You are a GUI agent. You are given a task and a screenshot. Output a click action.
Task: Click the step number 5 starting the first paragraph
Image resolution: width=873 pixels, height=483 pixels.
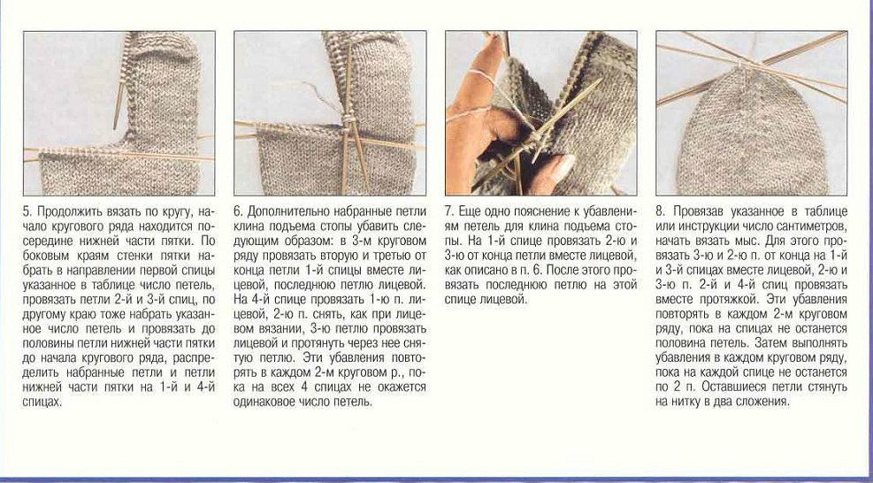pos(27,211)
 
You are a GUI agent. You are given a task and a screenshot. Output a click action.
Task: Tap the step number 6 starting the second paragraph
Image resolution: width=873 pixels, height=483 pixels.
pos(238,211)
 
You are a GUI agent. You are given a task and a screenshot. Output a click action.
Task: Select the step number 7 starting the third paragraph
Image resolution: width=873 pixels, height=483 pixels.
pos(448,211)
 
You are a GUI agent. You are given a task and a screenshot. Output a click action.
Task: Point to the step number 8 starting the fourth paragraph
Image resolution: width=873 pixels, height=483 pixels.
pos(660,211)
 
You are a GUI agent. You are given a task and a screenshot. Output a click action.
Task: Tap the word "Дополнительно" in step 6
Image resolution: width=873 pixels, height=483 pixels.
pos(285,212)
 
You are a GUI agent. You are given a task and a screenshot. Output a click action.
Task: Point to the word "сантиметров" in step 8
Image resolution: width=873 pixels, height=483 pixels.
pos(816,226)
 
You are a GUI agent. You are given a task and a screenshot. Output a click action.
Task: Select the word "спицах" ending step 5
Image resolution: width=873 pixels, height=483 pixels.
pos(42,402)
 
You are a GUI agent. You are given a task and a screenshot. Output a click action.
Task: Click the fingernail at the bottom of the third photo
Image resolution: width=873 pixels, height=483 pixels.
pos(560,168)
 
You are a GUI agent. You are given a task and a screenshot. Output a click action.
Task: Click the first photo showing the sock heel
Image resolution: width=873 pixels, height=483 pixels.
pos(119,113)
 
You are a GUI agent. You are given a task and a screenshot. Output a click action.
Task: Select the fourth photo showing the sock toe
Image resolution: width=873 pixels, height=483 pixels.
pos(752,113)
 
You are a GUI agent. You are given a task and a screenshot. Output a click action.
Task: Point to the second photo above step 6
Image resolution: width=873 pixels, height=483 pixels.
pos(330,113)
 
